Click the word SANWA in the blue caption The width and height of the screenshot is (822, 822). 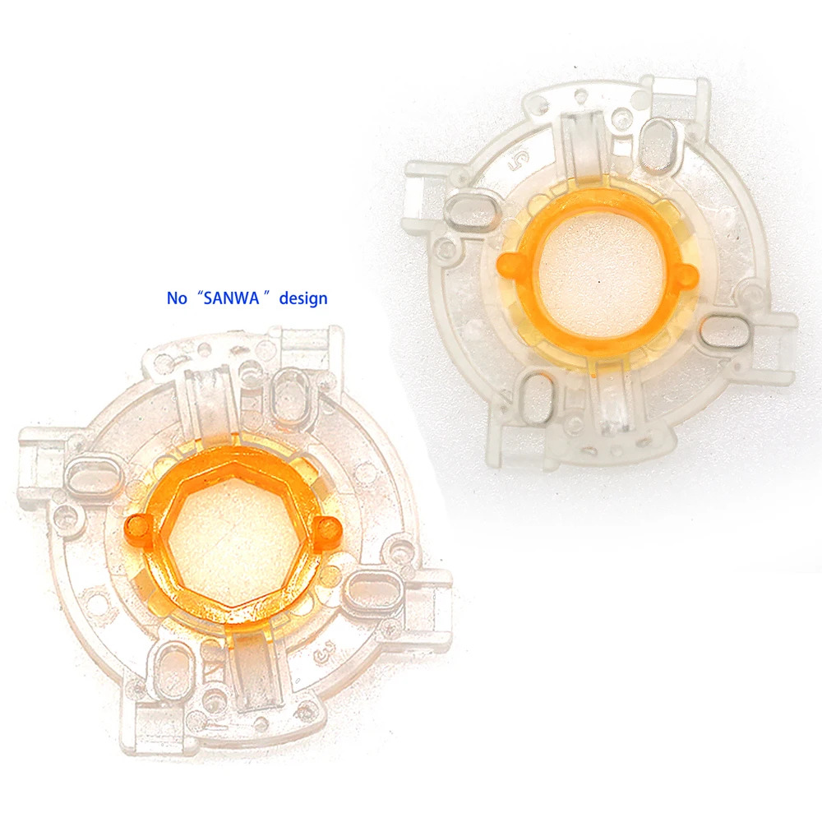pyautogui.click(x=232, y=298)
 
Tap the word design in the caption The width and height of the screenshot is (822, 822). pyautogui.click(x=303, y=298)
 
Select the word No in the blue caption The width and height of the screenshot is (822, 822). pyautogui.click(x=177, y=298)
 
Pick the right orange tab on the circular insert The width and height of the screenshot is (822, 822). pyautogui.click(x=686, y=273)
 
